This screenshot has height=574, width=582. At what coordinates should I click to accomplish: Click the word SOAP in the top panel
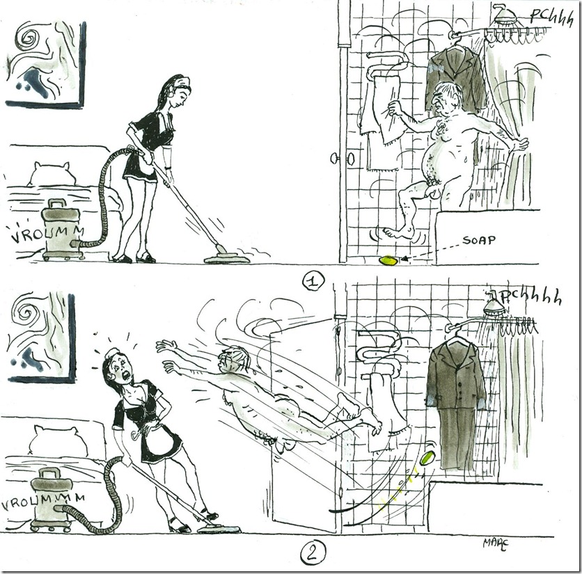pyautogui.click(x=478, y=241)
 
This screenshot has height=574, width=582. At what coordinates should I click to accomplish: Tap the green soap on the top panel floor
pyautogui.click(x=388, y=260)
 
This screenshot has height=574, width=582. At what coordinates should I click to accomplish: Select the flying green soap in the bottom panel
pyautogui.click(x=428, y=456)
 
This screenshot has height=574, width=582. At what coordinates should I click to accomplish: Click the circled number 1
pyautogui.click(x=313, y=282)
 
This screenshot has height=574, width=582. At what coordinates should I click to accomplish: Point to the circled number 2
pyautogui.click(x=313, y=553)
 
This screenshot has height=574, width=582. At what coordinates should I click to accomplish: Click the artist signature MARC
pyautogui.click(x=495, y=543)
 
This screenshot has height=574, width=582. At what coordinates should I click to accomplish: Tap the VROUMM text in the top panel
pyautogui.click(x=47, y=233)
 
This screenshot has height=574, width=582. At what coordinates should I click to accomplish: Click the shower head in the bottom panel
pyautogui.click(x=494, y=304)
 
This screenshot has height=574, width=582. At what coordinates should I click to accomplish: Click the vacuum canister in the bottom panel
pyautogui.click(x=50, y=498)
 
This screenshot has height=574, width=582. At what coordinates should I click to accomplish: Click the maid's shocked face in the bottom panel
pyautogui.click(x=122, y=367)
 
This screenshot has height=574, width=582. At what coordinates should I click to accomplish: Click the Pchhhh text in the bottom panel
pyautogui.click(x=530, y=297)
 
